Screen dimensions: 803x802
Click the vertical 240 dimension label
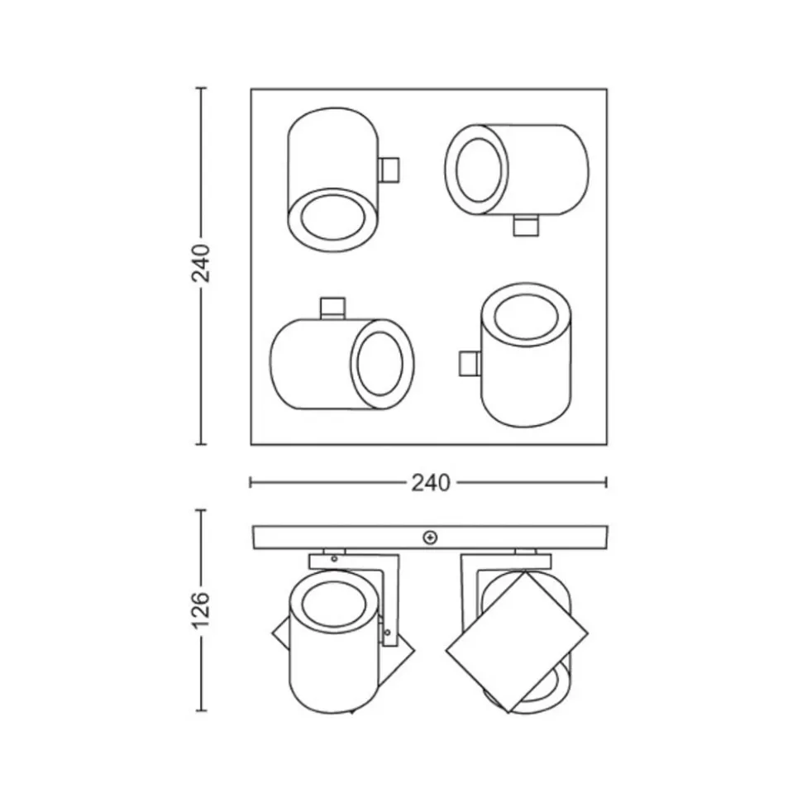pos(201,263)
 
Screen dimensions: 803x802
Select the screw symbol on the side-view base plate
pos(429,538)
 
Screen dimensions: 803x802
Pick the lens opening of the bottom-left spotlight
pos(381,365)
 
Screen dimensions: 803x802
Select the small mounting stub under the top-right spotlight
pos(526,226)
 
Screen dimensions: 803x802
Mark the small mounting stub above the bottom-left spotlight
pos(333,307)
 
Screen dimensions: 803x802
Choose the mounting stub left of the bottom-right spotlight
pos(469,363)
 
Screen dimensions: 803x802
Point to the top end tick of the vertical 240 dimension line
pos(201,88)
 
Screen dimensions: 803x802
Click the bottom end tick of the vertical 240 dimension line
pos(201,444)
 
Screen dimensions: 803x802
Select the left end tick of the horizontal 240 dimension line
pos(251,482)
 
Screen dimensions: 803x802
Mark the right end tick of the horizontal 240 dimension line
pos(607,482)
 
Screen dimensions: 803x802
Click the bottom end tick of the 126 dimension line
pos(201,710)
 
